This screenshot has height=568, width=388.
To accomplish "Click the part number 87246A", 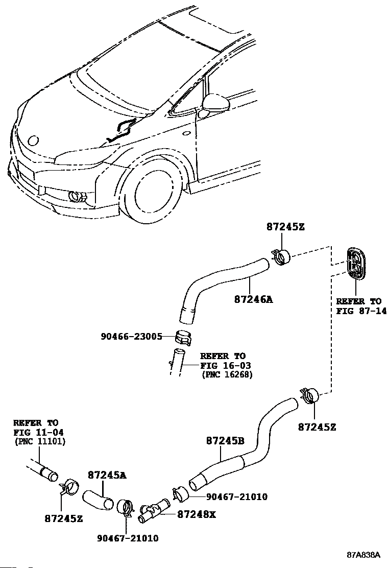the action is coord(253,299).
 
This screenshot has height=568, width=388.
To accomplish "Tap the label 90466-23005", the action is coord(131,337).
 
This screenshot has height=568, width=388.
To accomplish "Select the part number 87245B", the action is coord(225,441).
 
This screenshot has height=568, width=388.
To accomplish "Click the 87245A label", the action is coord(107,475).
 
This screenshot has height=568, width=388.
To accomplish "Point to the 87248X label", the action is coord(197,514).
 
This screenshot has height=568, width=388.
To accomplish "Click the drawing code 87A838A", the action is coord(363,555).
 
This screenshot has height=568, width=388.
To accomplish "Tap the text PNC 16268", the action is coord(227,374).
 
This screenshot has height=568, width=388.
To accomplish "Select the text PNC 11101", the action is coord(40,441).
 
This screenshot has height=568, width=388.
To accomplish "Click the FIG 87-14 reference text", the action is coord(361,311).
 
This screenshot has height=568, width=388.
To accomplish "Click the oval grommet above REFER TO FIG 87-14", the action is coord(356,264).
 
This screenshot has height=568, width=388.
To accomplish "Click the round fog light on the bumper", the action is coord(77,196).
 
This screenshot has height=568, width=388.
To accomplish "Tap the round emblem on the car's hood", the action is coord(34,140).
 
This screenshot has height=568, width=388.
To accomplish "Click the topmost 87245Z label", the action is coord(285,227).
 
